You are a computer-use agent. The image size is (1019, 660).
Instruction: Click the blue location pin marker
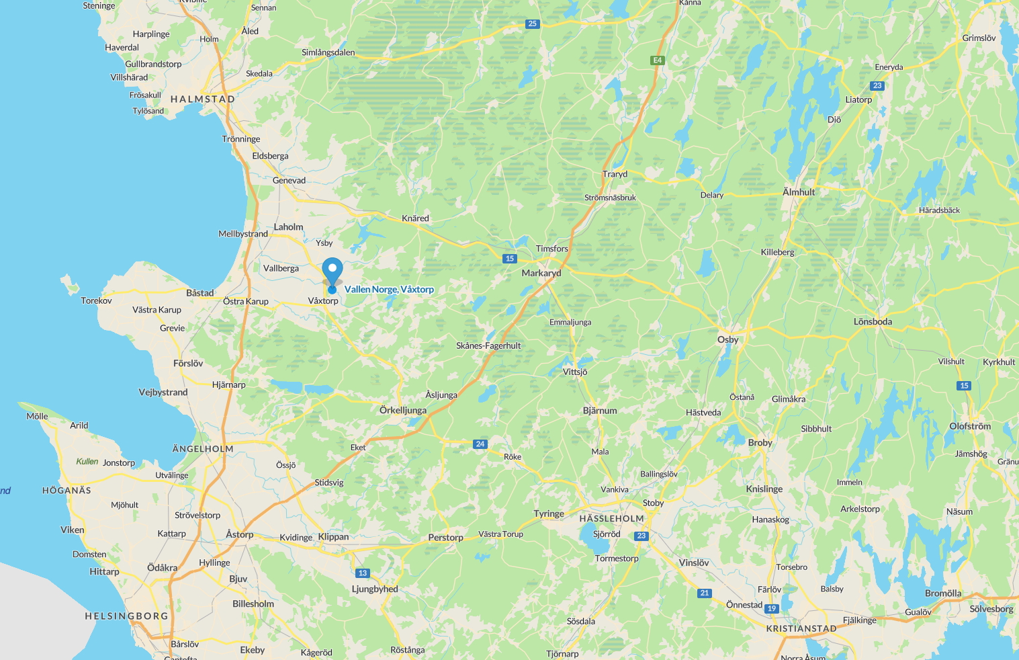tap(332, 272)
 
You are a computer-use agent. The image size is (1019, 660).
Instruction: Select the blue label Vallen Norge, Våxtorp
tap(389, 290)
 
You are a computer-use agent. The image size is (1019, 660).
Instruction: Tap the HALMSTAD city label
tap(203, 99)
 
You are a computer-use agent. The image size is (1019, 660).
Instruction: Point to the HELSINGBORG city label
tap(126, 616)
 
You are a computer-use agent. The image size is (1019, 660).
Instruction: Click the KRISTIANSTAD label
tap(801, 629)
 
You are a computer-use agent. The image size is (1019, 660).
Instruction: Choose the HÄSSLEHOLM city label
tap(611, 519)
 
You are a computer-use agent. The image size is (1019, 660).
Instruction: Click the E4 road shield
tap(657, 60)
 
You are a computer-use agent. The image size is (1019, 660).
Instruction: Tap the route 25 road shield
tap(532, 24)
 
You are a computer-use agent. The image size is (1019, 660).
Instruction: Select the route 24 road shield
tap(480, 444)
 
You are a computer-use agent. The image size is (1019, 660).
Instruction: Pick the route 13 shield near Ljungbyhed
tap(363, 573)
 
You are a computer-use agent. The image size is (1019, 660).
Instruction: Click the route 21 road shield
tap(704, 593)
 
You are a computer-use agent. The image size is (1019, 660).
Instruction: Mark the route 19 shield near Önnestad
tap(772, 609)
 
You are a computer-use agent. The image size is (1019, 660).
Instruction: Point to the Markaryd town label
tap(541, 274)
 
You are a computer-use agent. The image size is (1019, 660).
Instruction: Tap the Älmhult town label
tap(799, 192)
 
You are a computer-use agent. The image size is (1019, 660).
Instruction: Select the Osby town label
tap(727, 339)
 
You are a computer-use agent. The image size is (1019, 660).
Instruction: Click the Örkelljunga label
tap(403, 410)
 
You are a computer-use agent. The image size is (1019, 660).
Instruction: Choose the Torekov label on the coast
tap(96, 301)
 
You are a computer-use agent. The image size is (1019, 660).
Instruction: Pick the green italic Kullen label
tap(87, 462)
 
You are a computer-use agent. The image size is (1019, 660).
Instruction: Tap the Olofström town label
tap(970, 426)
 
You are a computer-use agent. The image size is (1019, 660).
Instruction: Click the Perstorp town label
tap(445, 538)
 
